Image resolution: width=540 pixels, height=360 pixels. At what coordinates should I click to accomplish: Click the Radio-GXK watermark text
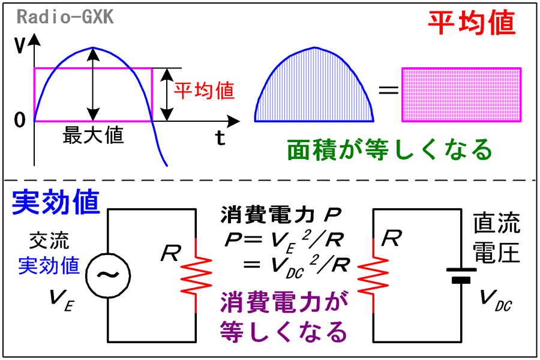point(65,17)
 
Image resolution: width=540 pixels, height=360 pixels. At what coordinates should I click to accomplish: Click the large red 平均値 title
point(472,23)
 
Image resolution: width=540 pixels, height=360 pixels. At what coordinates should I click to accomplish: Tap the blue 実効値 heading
point(56,202)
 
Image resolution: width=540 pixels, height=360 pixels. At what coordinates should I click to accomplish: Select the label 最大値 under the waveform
point(93,134)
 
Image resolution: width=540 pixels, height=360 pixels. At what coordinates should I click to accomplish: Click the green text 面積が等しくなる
point(389,149)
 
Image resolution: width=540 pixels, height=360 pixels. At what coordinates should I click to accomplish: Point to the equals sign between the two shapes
point(388,91)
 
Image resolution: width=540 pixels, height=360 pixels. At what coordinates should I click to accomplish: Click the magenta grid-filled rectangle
point(461,95)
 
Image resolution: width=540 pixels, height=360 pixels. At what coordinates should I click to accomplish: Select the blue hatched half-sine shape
point(314,89)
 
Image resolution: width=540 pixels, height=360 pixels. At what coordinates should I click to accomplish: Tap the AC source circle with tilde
point(108,275)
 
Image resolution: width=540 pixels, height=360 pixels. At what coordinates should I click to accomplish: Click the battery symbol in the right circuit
point(461,275)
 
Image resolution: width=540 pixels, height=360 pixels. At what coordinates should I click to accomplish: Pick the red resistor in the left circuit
point(196,275)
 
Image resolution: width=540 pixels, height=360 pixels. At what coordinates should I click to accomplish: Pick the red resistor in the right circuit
point(373,275)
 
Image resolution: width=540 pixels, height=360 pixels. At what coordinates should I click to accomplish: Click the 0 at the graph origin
point(20,120)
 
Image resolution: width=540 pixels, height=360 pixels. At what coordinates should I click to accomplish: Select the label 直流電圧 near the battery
point(496,238)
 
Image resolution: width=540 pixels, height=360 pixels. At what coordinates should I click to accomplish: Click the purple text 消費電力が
point(284,302)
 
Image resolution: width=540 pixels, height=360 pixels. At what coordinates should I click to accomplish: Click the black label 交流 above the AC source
point(49,241)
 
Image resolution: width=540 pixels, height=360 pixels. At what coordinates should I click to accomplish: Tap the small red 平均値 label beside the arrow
point(204,91)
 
